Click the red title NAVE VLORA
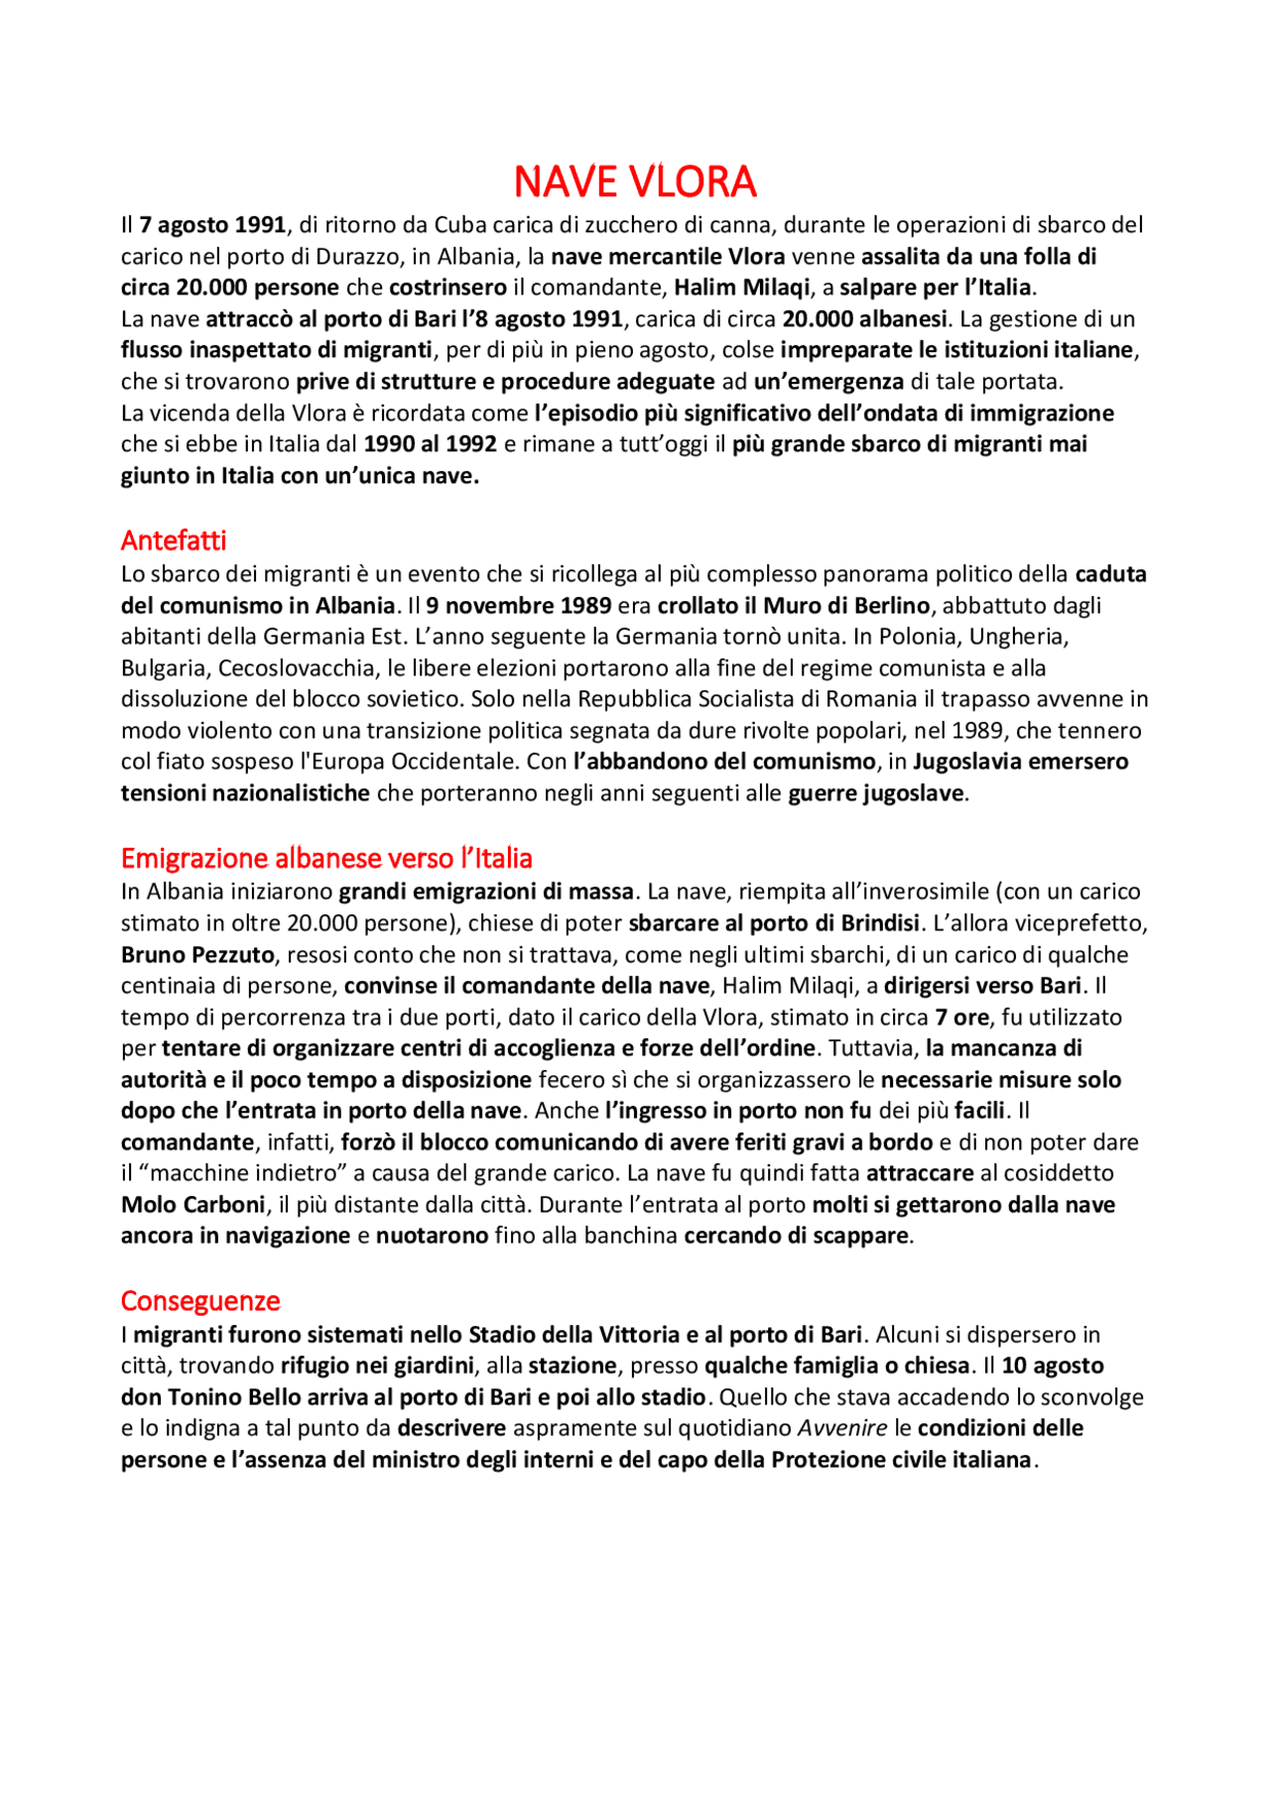[x=635, y=181]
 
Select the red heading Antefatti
[x=174, y=540]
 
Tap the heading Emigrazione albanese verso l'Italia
[x=326, y=858]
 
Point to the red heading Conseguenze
[x=200, y=1301]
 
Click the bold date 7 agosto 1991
[x=212, y=225]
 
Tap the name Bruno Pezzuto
[x=197, y=955]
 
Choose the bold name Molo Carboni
[x=193, y=1205]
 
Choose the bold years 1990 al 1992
[x=430, y=444]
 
